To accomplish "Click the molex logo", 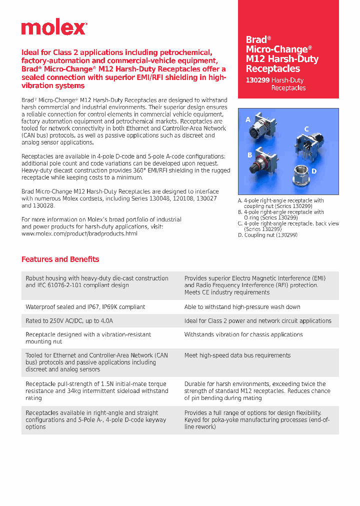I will click(x=54, y=28).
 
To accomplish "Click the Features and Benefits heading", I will click(x=60, y=259).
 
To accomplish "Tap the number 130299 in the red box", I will click(x=257, y=80).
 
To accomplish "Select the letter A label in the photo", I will click(x=248, y=120).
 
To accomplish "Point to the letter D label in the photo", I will click(x=314, y=171).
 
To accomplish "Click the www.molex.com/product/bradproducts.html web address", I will click(x=79, y=233).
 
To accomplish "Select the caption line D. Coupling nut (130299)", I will click(x=267, y=234).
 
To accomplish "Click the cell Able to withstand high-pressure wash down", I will click(x=242, y=306).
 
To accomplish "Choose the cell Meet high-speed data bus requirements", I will click(x=237, y=355).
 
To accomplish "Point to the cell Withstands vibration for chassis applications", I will click(x=243, y=334).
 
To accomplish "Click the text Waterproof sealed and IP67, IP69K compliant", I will click(x=85, y=306).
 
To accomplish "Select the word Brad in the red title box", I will click(x=256, y=40).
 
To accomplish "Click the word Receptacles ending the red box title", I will click(x=272, y=69).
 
